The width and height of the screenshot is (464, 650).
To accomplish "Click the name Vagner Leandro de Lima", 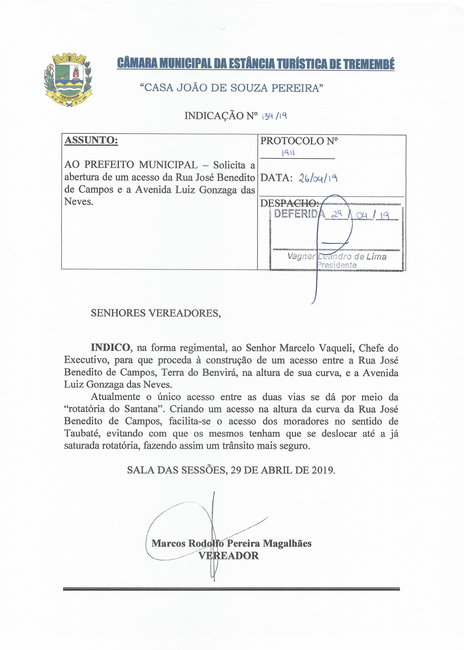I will tap(337, 257).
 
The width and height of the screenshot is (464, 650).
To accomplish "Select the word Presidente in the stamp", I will tap(337, 265).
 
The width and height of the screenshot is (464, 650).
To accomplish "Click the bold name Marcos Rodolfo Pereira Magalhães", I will tap(231, 543).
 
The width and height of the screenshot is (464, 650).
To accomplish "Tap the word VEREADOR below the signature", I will tap(229, 556).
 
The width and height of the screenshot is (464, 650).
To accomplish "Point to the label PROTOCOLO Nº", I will tap(299, 141).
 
